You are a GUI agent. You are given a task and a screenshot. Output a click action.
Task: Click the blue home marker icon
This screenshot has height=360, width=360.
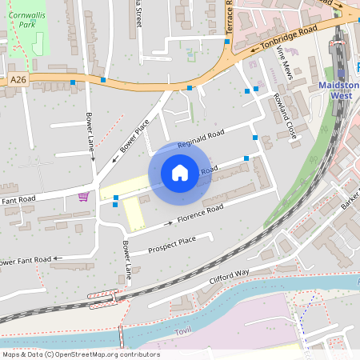point(180,173)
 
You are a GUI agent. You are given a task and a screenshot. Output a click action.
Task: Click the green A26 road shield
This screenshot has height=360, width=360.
point(19,80)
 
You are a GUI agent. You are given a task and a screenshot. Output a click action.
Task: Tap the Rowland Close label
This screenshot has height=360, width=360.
point(285,116)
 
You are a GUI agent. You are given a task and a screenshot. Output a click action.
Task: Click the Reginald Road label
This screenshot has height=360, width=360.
point(200,141)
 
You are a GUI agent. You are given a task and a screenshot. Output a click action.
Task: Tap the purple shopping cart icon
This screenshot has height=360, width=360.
point(83,197)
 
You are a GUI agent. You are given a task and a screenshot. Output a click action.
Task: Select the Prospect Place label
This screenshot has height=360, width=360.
point(172,242)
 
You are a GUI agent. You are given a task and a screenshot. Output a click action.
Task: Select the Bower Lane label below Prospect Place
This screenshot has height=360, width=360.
point(126,261)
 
